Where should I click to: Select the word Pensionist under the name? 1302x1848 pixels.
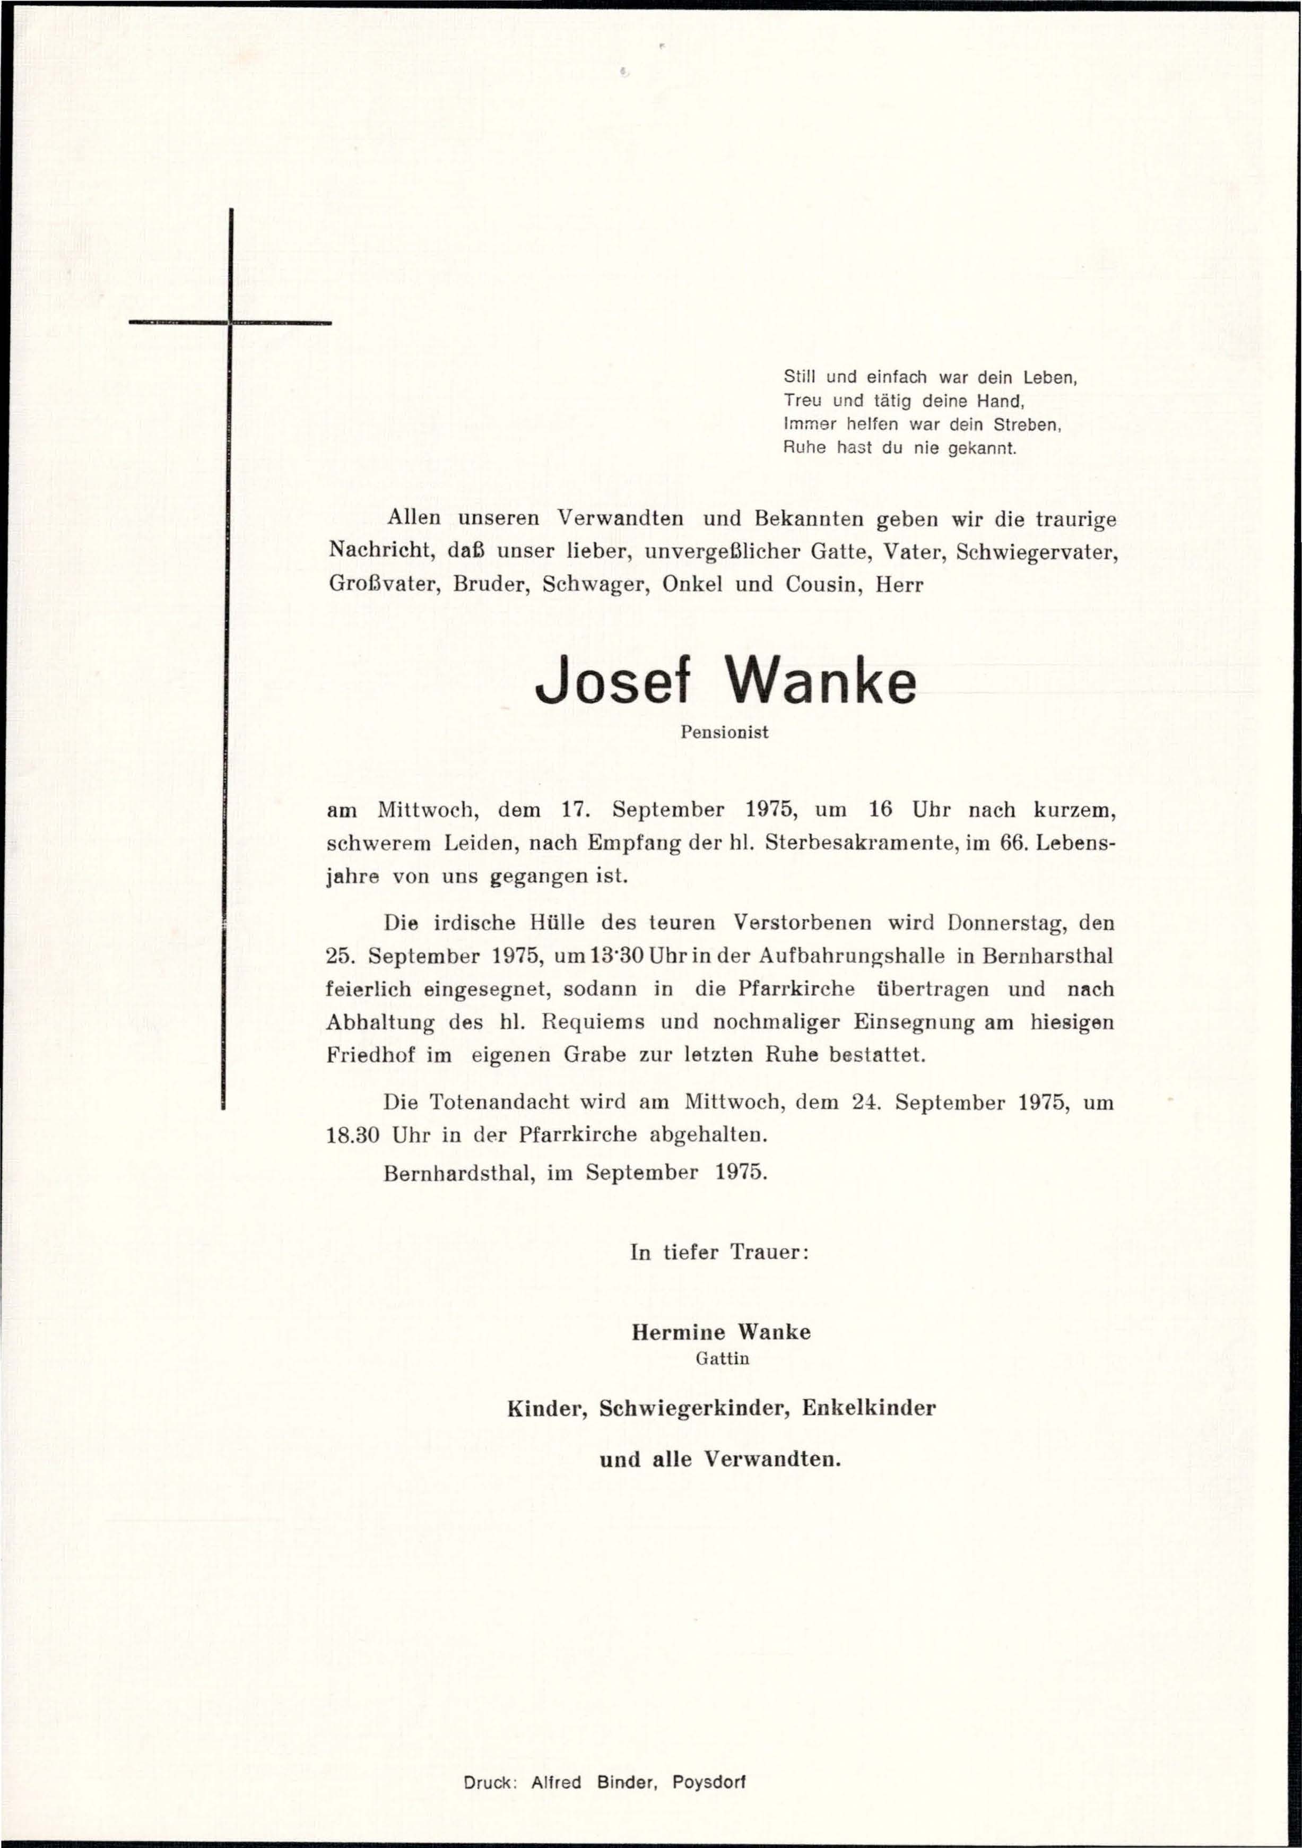tap(724, 732)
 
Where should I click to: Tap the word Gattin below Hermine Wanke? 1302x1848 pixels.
tap(722, 1359)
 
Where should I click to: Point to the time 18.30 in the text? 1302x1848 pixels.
tap(352, 1135)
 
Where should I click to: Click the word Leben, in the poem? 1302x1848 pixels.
tap(1049, 377)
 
